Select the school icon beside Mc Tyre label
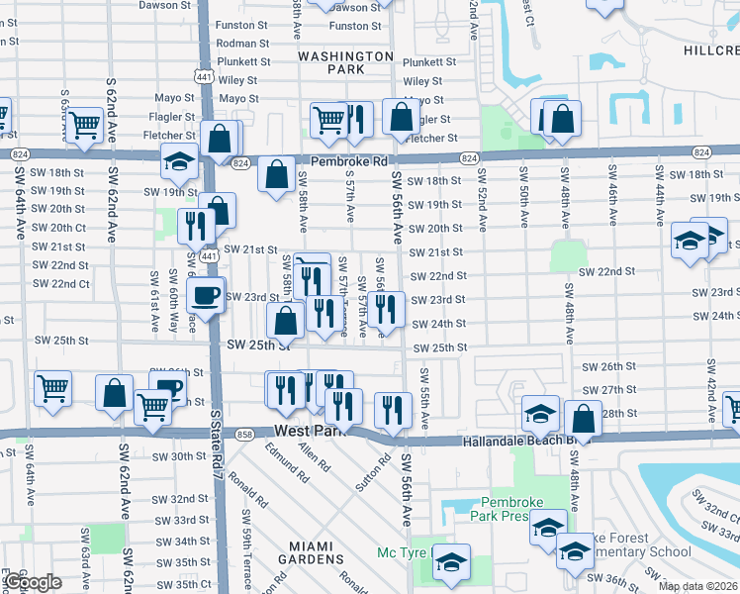pos(451,562)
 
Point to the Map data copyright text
pos(698,586)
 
